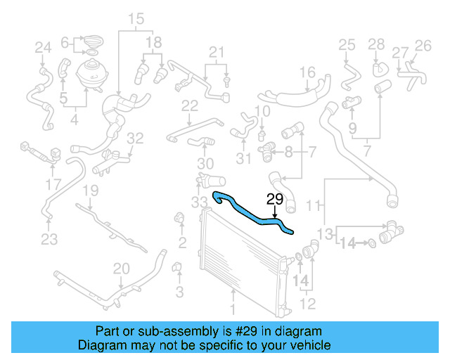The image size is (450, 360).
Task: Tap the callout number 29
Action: [x=274, y=198]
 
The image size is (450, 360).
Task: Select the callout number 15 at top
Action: [x=136, y=18]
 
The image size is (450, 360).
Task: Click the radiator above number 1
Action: [x=239, y=260]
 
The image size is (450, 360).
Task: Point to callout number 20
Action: [x=122, y=268]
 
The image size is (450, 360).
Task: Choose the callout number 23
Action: [x=49, y=239]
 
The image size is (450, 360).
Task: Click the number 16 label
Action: [x=307, y=72]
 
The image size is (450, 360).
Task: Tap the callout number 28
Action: [x=376, y=45]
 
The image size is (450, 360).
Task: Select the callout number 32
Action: [x=136, y=138]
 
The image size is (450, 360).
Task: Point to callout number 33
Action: [x=200, y=202]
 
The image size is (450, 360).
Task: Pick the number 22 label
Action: [x=190, y=106]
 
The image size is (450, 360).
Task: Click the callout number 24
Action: [x=44, y=48]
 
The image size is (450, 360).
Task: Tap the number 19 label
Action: [x=90, y=191]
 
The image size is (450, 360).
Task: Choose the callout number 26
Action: [x=423, y=46]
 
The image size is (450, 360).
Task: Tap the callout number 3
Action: [x=179, y=291]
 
